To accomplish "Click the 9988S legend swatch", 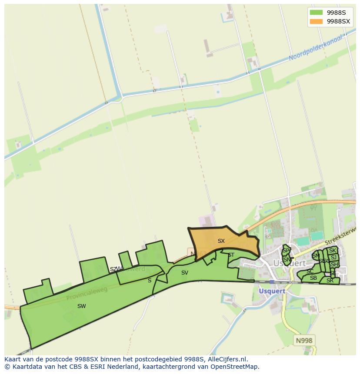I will click(316, 12).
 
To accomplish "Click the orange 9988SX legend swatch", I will click(316, 21).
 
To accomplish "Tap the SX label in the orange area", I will click(221, 241).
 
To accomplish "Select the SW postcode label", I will click(81, 306).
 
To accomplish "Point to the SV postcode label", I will click(185, 273).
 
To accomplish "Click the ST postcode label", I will click(231, 255).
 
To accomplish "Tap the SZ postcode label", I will click(113, 269).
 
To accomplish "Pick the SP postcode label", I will click(286, 251).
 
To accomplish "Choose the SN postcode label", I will click(287, 260).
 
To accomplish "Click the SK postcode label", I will click(333, 251).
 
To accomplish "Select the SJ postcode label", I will click(333, 258).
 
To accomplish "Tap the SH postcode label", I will click(334, 265).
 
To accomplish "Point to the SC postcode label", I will click(310, 271).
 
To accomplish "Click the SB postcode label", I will click(313, 278).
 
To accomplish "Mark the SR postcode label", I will click(330, 281).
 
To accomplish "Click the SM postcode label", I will click(316, 256).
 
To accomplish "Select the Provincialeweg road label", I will click(87, 294).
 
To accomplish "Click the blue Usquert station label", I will click(272, 291).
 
